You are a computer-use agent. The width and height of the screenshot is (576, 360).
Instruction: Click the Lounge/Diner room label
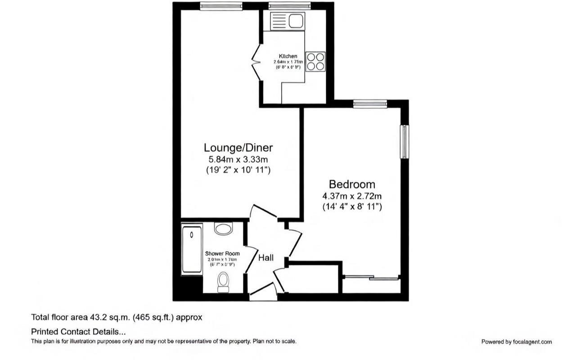[238, 148]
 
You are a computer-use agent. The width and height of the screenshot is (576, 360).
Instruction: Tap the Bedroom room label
[352, 184]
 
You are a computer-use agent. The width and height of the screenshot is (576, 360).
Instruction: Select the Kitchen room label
[288, 56]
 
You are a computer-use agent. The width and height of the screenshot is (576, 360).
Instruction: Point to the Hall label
[266, 258]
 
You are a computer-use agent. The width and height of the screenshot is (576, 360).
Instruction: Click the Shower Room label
[222, 253]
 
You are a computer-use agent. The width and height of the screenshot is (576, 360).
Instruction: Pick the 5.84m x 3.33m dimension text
[238, 159]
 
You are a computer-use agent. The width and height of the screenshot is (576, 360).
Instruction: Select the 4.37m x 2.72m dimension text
[352, 196]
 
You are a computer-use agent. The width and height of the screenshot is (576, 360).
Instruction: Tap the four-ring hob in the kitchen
[315, 62]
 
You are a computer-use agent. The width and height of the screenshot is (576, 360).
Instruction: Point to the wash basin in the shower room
[223, 229]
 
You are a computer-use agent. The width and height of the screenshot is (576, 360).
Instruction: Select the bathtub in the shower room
[192, 250]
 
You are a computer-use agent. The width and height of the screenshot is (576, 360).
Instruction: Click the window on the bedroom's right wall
[404, 142]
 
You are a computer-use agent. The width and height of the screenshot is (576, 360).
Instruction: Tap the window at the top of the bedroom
[370, 104]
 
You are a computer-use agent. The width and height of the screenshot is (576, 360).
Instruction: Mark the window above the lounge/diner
[221, 6]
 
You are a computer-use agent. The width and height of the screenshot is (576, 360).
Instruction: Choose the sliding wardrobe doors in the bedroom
[371, 278]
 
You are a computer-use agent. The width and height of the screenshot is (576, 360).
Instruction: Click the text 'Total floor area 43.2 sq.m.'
[81, 317]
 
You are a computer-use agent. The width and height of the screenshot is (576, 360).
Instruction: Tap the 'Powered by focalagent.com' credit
[516, 342]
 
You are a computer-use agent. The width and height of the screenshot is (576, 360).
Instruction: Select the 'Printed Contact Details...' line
[78, 332]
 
